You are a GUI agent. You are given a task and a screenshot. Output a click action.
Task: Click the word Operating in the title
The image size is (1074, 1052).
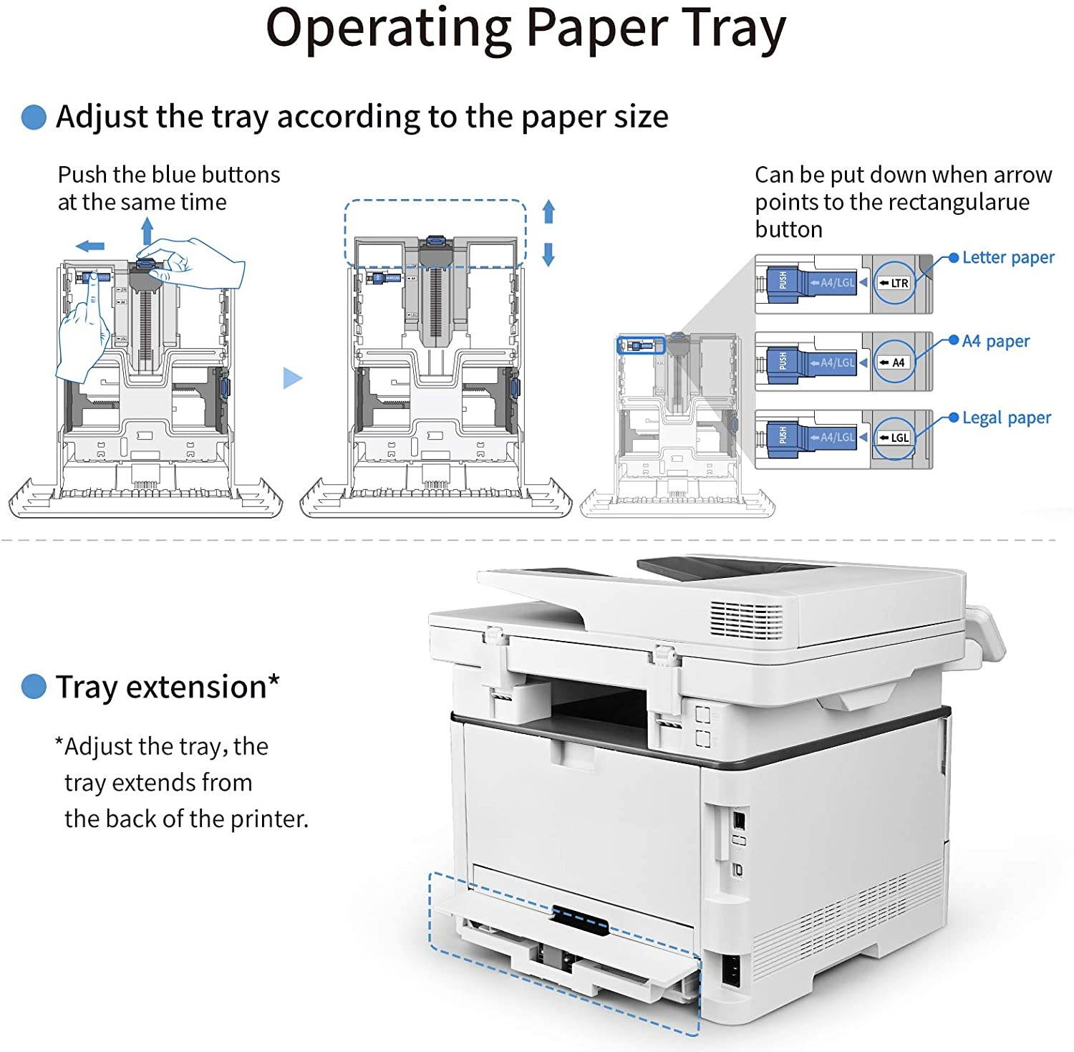pos(387,29)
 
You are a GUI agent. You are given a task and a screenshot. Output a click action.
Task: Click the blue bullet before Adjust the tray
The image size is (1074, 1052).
pos(34,117)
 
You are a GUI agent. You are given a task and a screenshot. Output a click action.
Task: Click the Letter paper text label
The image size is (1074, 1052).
pos(1007,257)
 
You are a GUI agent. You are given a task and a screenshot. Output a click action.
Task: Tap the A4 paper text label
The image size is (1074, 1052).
pos(995,341)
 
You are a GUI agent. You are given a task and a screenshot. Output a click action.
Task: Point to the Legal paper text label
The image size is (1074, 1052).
pos(1006,418)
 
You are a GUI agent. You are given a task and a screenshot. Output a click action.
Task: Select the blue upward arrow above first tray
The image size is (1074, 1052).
pos(147,231)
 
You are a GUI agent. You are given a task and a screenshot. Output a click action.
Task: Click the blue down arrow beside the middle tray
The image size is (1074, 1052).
pos(548,255)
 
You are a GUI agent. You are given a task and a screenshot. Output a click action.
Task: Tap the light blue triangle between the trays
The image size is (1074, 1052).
pos(291,377)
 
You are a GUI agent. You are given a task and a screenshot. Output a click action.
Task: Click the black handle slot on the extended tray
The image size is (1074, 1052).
pos(580,920)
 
